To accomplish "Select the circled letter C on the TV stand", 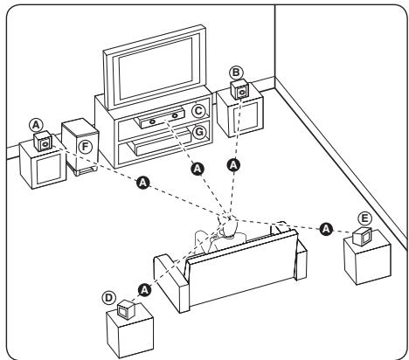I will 199,111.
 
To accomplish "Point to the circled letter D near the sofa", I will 109,296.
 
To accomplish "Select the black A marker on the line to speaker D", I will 146,287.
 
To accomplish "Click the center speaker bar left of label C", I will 159,113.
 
